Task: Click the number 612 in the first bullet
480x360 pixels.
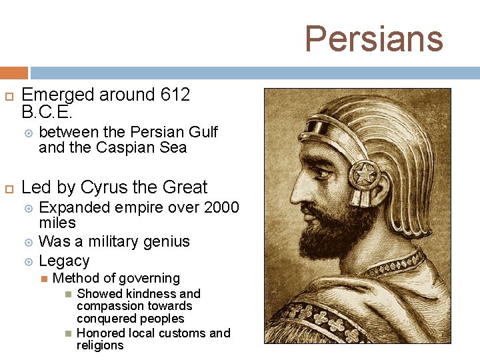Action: (175, 95)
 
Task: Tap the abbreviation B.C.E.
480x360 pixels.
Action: (47, 112)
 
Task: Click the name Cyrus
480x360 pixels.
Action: (106, 187)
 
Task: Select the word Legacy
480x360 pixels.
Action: (64, 261)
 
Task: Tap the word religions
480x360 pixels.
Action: (100, 345)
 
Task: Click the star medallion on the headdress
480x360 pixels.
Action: (363, 175)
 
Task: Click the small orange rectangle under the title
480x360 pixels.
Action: (13, 73)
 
